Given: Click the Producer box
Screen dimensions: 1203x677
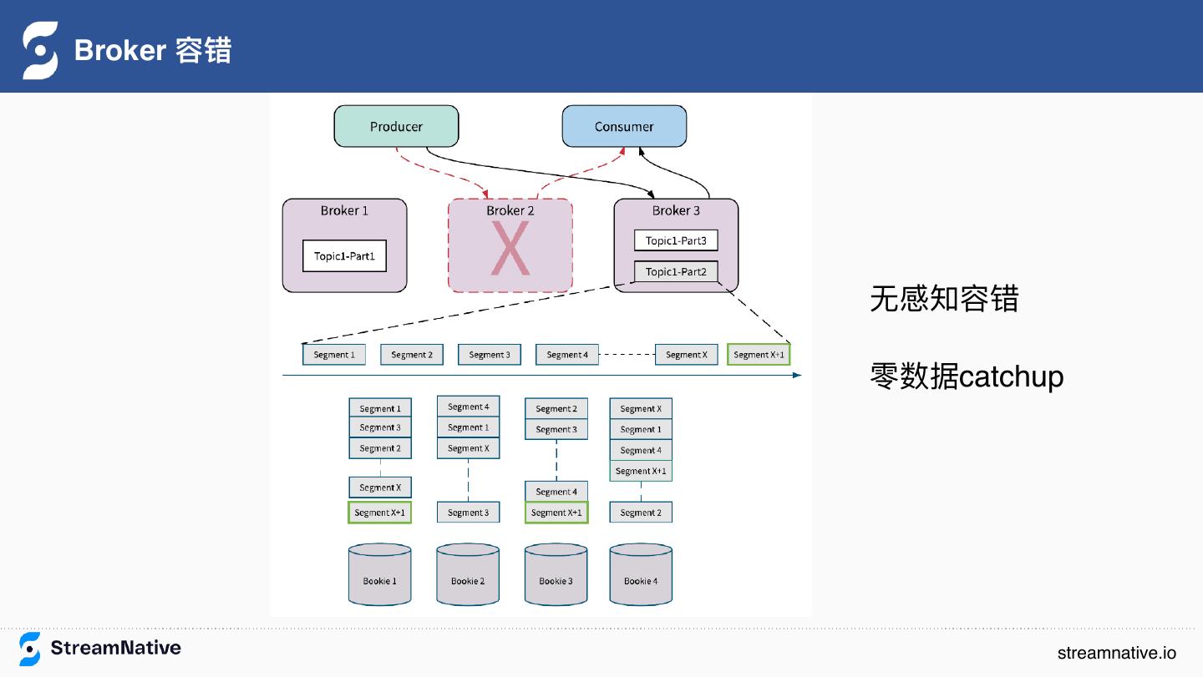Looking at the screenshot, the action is click(396, 126).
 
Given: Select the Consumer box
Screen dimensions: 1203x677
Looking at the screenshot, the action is click(624, 126).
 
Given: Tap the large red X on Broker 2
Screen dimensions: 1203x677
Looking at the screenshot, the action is click(510, 249).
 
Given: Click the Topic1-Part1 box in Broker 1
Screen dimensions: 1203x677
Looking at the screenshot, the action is click(344, 256).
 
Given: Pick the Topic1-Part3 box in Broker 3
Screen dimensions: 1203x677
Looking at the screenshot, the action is click(676, 240).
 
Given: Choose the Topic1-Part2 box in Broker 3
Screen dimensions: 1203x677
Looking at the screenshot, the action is click(676, 271).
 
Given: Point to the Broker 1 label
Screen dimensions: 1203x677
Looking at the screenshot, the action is click(344, 210).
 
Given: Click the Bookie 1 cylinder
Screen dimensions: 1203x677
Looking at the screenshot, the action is click(379, 574).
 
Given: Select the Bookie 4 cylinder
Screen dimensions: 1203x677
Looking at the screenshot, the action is click(641, 574).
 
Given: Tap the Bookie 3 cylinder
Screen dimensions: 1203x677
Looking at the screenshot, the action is click(556, 574).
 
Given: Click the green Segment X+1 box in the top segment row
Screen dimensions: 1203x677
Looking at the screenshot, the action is click(759, 355).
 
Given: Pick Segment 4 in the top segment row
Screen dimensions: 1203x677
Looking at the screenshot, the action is click(567, 355).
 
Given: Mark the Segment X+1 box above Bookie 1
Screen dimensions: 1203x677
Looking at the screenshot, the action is click(379, 513).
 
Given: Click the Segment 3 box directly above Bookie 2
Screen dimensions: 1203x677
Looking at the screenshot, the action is click(469, 513).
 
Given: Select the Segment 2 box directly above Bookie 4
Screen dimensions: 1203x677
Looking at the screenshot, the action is click(641, 513).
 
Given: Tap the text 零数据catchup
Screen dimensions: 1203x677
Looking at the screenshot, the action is click(967, 376).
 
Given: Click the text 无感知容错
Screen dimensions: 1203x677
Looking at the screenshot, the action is click(944, 298).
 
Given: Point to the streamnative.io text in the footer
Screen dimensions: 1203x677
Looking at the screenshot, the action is click(1116, 653).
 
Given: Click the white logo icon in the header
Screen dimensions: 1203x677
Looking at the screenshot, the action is click(40, 50).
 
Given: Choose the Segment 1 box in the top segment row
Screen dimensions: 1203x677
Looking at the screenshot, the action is click(334, 355).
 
